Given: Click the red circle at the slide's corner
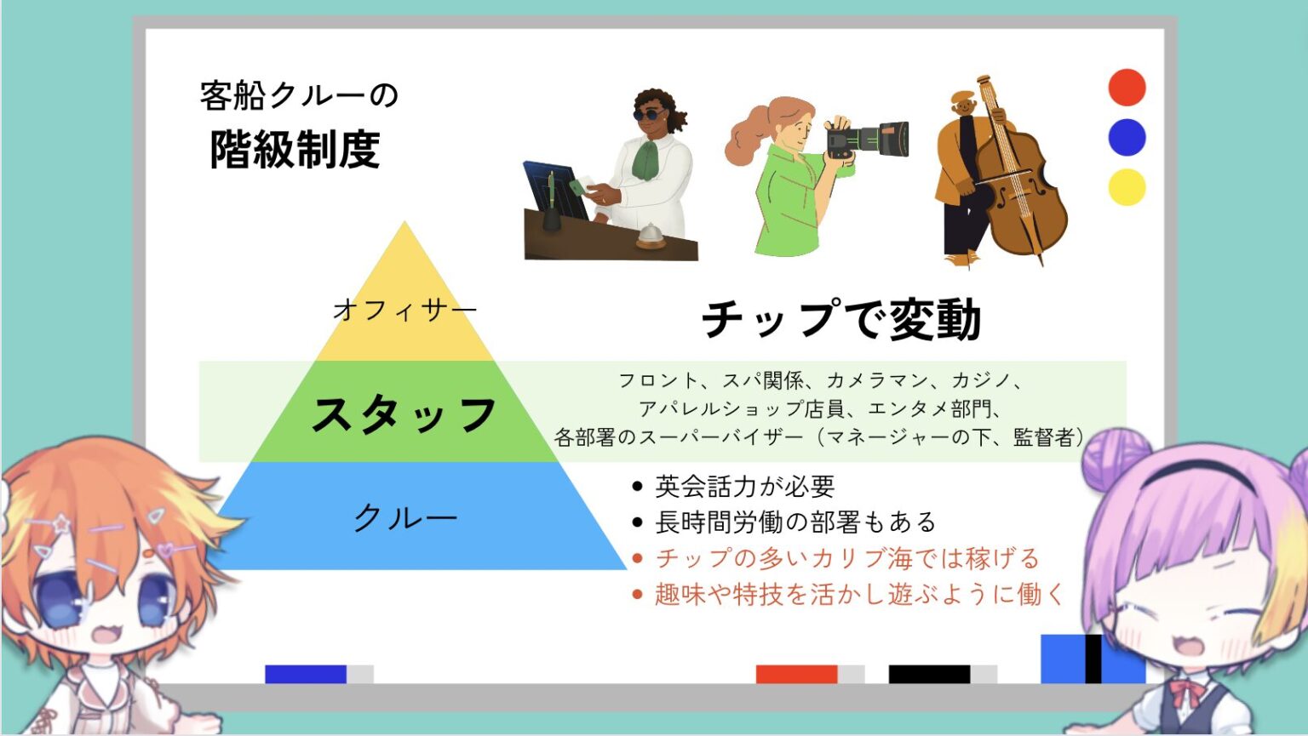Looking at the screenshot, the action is tap(1127, 88).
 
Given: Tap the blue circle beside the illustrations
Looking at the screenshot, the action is tap(1127, 137).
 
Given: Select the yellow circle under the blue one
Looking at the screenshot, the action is tap(1127, 187).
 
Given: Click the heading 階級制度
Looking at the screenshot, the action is tap(295, 150).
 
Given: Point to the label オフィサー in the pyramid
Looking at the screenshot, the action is tap(404, 310).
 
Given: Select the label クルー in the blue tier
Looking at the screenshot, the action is tap(405, 517).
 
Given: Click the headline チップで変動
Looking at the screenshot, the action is tap(841, 319).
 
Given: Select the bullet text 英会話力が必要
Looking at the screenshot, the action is tap(744, 486).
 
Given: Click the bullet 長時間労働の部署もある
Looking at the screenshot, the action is tap(795, 522).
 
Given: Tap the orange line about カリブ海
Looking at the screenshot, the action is tap(846, 558).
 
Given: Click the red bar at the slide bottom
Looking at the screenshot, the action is tap(796, 674).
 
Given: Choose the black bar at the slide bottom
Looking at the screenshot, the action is tap(929, 674).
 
